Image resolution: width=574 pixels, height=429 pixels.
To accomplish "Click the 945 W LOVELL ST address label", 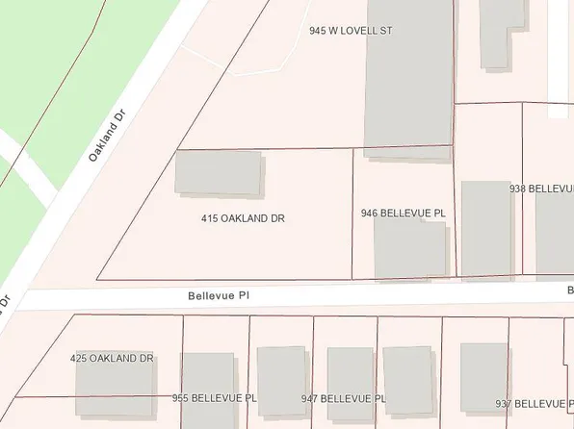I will coord(352,31).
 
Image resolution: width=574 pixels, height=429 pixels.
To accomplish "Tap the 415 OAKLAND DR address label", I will coord(243,218).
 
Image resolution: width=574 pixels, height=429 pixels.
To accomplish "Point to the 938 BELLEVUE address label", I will coord(541,190).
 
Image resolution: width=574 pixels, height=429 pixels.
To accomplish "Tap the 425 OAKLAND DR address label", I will coord(113,359).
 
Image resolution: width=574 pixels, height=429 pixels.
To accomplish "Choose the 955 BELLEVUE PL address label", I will coord(215,397).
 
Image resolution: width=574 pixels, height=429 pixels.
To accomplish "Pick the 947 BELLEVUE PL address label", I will coord(344,397).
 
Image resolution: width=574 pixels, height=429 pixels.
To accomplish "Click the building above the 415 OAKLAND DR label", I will coord(218,173).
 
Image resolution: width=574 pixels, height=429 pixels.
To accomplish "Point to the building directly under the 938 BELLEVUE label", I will coord(554,236).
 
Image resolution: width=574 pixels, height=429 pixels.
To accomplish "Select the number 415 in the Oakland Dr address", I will coord(210,218).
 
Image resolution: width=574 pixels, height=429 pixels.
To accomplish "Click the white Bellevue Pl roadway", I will coord(385,294).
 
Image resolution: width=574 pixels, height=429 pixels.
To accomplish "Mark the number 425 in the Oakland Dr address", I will coord(80,359).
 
